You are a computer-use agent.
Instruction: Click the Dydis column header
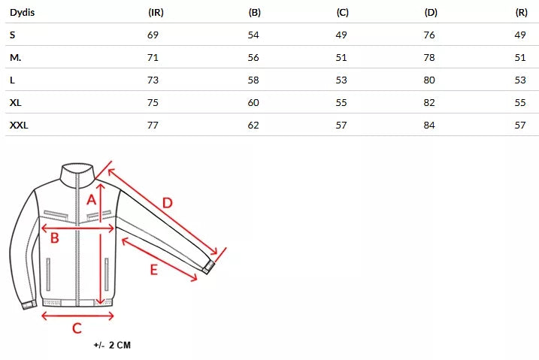[23, 13]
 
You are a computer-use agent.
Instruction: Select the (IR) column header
[156, 13]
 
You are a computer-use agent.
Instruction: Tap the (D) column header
[431, 13]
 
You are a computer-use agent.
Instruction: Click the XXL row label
[19, 125]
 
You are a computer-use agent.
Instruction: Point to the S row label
[12, 35]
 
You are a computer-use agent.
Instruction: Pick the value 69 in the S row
[153, 35]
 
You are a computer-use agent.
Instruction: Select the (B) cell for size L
[253, 80]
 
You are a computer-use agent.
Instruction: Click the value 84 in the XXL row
[430, 125]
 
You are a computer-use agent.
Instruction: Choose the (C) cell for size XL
[341, 102]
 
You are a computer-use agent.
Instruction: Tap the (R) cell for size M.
[519, 57]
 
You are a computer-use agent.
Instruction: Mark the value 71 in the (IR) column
[153, 57]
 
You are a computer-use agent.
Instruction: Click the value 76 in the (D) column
[430, 35]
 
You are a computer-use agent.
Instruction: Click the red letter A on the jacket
[92, 199]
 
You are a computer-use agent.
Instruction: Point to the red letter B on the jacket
[54, 239]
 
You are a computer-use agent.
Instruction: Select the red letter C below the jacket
[77, 328]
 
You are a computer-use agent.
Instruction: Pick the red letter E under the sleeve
[153, 268]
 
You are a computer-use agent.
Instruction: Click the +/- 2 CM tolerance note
[113, 346]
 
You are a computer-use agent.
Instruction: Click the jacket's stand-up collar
[79, 175]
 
